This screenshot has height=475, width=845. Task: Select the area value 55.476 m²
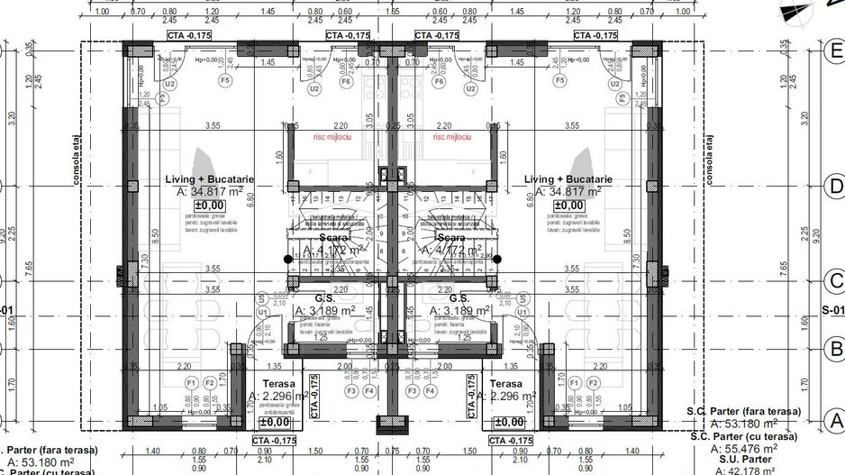point(745,448)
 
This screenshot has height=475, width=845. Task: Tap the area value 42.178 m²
point(745,470)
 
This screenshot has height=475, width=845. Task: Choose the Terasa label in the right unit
point(505,383)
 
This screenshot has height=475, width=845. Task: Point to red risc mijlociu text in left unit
point(331,138)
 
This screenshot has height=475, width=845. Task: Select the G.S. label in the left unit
point(324,298)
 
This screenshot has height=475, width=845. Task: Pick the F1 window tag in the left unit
point(191,382)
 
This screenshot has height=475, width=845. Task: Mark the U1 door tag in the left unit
point(262,312)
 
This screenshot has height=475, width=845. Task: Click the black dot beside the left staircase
point(287,260)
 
